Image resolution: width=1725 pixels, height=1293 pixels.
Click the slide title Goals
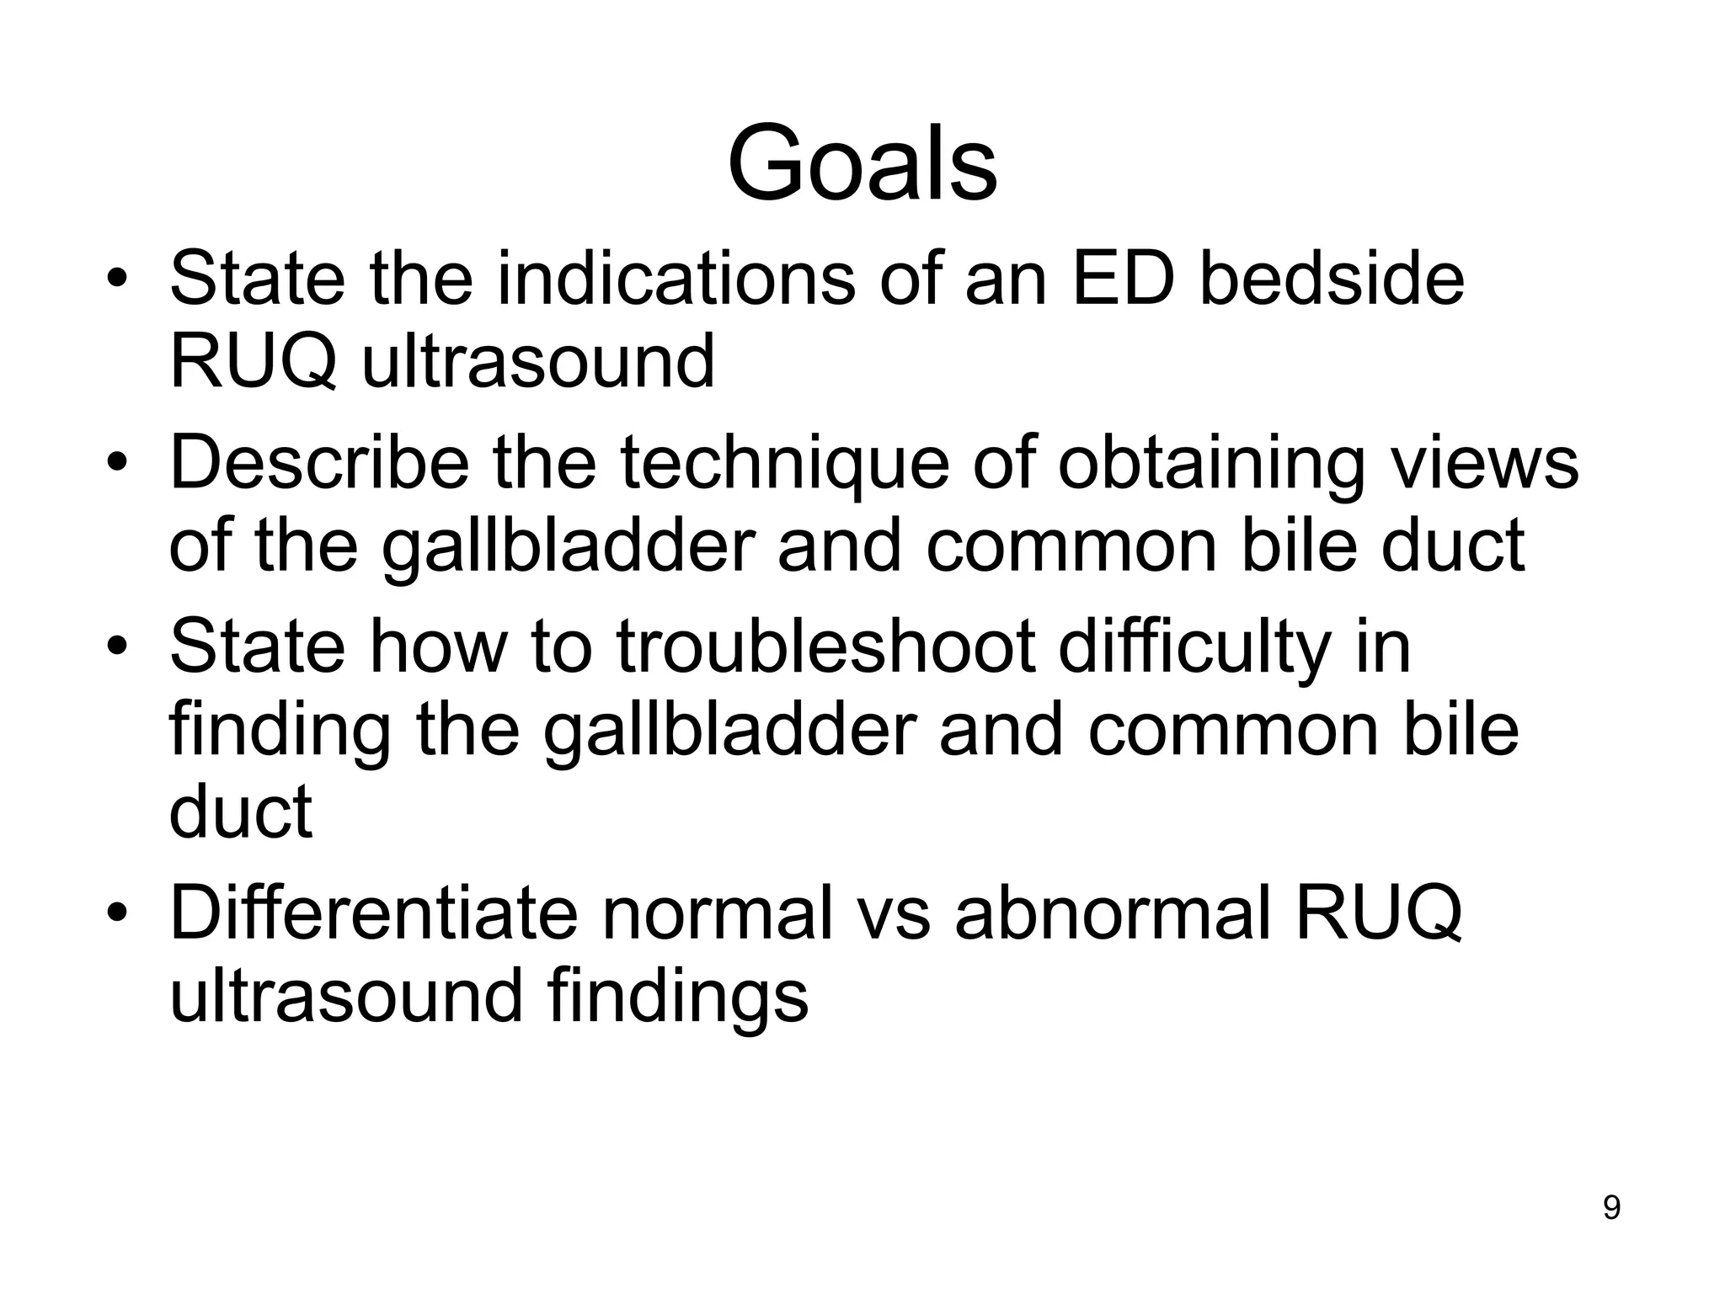(862, 163)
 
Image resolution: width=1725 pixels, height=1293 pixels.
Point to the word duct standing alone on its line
(241, 810)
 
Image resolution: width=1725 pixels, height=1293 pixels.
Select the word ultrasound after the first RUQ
(537, 362)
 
